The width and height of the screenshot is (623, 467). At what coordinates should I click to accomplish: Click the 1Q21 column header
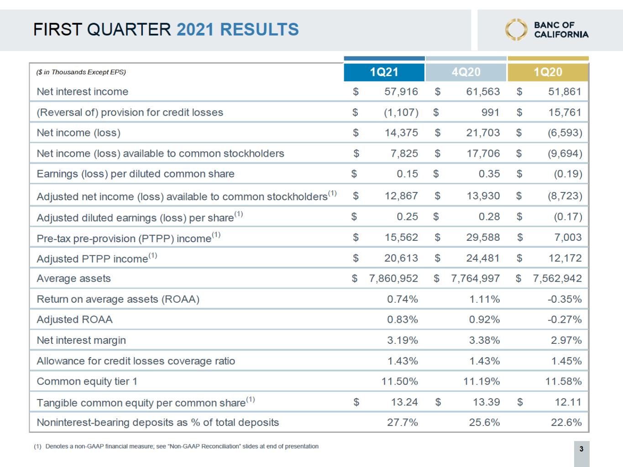pyautogui.click(x=384, y=72)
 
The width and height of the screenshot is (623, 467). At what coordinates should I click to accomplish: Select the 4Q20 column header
pyautogui.click(x=466, y=72)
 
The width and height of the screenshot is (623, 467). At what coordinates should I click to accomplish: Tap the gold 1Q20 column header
pyautogui.click(x=548, y=72)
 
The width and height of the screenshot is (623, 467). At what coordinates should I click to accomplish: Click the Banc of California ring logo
pyautogui.click(x=516, y=30)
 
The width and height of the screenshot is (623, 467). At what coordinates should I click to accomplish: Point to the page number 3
pyautogui.click(x=581, y=449)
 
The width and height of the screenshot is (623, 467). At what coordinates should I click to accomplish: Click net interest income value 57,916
pyautogui.click(x=401, y=92)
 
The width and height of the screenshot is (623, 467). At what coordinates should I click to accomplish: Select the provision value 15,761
pyautogui.click(x=565, y=112)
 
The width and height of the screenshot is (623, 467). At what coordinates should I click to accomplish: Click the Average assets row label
pyautogui.click(x=73, y=279)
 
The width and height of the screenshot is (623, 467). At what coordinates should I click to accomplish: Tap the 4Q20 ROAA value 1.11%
pyautogui.click(x=484, y=299)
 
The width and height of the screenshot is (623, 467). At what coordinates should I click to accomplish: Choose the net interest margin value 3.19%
pyautogui.click(x=402, y=340)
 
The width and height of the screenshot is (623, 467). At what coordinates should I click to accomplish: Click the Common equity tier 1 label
pyautogui.click(x=87, y=381)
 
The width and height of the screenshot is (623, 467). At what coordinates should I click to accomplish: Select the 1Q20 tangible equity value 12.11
pyautogui.click(x=568, y=402)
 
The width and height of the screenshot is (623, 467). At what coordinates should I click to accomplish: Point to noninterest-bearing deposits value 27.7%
pyautogui.click(x=402, y=422)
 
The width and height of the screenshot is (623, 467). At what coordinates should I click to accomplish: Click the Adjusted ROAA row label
pyautogui.click(x=74, y=320)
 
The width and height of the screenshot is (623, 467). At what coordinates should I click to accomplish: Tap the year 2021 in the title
pyautogui.click(x=195, y=30)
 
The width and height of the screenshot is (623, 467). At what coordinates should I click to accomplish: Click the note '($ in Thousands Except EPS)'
pyautogui.click(x=81, y=72)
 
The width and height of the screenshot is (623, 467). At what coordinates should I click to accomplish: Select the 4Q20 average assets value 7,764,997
pyautogui.click(x=475, y=279)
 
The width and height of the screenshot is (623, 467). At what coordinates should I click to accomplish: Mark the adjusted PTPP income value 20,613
pyautogui.click(x=401, y=258)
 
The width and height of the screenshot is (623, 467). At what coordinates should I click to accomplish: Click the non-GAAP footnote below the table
pyautogui.click(x=176, y=446)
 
